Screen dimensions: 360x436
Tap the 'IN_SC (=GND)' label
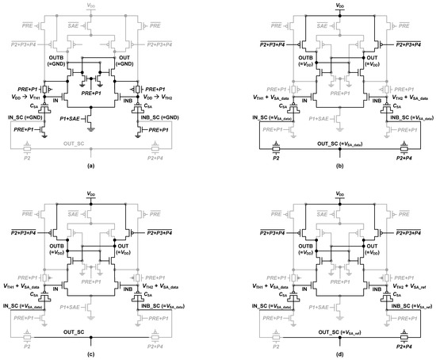point(28,118)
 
